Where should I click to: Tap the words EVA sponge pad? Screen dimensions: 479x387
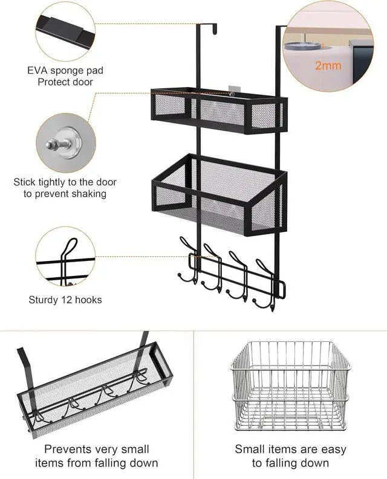pyautogui.click(x=65, y=70)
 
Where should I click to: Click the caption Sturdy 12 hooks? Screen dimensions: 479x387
pyautogui.click(x=65, y=300)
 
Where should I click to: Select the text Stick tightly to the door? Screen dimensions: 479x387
pyautogui.click(x=65, y=182)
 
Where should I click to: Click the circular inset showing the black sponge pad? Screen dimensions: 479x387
pyautogui.click(x=65, y=30)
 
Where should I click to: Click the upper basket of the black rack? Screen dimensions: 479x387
pyautogui.click(x=218, y=112)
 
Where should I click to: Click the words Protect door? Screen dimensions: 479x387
pyautogui.click(x=65, y=82)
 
